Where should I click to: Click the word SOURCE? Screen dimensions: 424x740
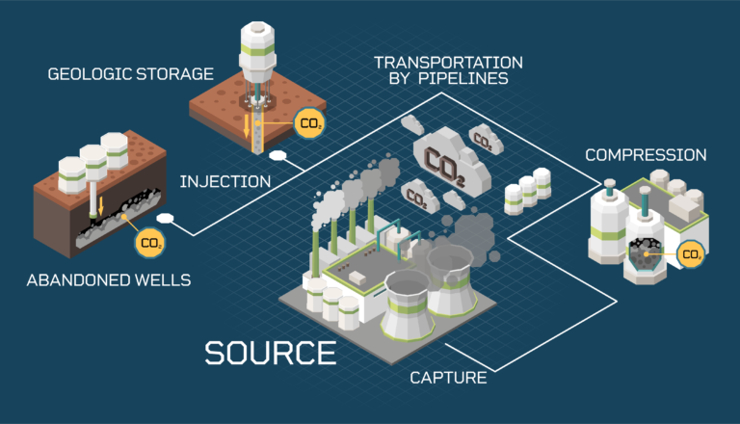coord(271,352)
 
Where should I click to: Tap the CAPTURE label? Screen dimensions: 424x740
coord(448,377)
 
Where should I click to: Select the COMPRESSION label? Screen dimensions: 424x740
coord(646,155)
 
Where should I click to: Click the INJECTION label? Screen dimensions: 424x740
coord(225,180)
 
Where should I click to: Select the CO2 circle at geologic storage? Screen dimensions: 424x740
coord(307,124)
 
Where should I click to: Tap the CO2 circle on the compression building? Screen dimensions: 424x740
coord(691,254)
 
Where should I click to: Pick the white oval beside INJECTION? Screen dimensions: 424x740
coord(279,155)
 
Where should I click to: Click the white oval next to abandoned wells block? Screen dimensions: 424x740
coord(165,218)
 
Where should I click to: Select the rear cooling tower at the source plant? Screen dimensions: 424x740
coord(449,276)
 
